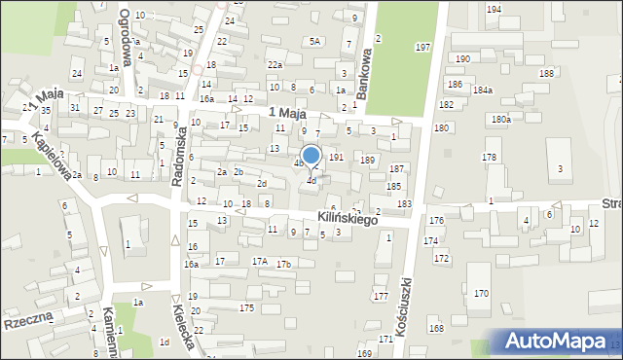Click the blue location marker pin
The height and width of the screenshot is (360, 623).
point(311,157)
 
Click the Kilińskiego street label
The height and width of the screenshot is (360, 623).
point(348,219)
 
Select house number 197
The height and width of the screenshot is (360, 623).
point(422,47)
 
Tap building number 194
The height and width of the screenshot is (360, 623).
point(494,9)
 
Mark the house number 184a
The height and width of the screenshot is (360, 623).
point(482,90)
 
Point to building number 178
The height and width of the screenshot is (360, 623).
point(489,157)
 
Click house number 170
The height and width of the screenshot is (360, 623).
point(481,293)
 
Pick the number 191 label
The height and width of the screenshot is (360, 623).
point(335,156)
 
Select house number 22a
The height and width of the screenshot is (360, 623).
point(275,64)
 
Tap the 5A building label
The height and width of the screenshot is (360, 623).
point(314,41)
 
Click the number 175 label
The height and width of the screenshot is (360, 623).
point(247,307)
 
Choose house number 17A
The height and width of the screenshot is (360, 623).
point(260,261)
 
